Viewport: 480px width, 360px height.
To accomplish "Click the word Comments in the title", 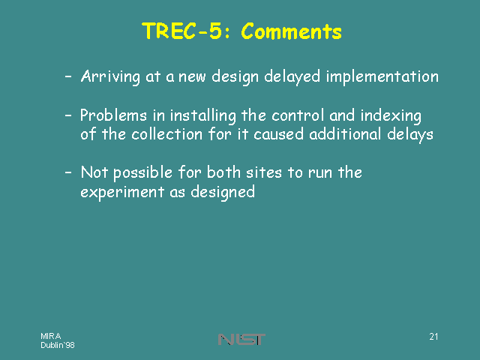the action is pos(291,31).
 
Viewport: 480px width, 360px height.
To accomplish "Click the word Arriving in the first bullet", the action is pos(110,76).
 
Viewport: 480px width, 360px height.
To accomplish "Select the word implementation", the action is pos(382,76).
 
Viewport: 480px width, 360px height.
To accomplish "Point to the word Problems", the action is pos(113,115).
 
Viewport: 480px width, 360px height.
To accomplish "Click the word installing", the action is pos(203,116).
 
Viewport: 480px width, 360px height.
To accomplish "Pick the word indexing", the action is pos(391,116).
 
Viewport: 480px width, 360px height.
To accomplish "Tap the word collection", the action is pos(166,134).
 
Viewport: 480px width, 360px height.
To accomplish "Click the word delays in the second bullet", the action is pos(410,135).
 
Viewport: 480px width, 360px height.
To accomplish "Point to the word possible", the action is pos(142,173).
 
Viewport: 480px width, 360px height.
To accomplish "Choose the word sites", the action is pos(264,172).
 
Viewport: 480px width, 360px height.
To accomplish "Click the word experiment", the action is pos(122,192).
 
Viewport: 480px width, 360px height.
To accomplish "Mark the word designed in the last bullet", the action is pos(223,193).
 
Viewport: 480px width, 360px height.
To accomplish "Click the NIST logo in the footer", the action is pos(241,340).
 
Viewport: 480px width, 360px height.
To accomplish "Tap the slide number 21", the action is pos(433,337).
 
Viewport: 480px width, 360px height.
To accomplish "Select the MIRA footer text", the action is pos(51,336).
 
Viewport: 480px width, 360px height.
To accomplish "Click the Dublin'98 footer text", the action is pos(58,345).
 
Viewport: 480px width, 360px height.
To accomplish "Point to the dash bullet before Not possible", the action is pos(68,172).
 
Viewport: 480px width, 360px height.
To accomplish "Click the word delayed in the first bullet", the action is pos(292,76).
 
